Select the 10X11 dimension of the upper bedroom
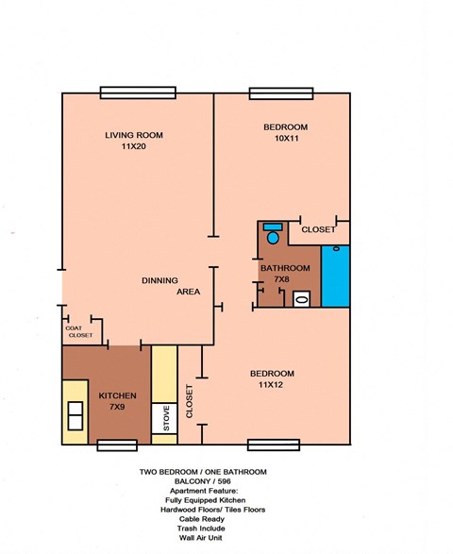[x=284, y=139]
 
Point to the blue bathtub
[x=335, y=276]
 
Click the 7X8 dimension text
[x=281, y=279]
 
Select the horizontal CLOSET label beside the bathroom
[x=317, y=229]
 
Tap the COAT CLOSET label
[x=79, y=332]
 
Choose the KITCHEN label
[x=117, y=395]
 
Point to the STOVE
[x=166, y=418]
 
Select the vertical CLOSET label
[x=190, y=401]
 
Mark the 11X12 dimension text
[x=273, y=384]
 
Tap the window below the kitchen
[x=117, y=445]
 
